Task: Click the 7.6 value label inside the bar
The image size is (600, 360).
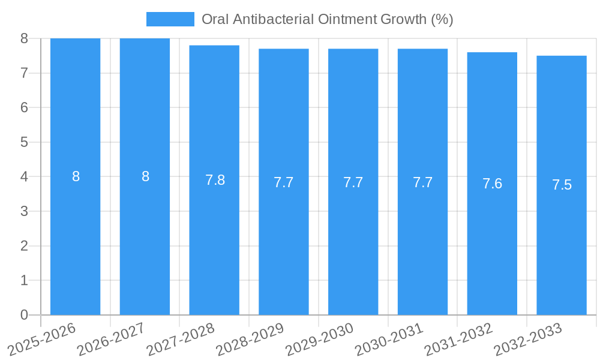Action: tap(492, 184)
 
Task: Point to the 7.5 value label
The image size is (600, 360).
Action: tap(562, 185)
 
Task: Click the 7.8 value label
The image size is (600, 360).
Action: tap(215, 180)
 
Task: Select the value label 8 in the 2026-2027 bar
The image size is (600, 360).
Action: tap(145, 176)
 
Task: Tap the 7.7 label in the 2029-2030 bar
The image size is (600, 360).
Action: tap(353, 182)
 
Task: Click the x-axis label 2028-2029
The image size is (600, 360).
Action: tap(250, 339)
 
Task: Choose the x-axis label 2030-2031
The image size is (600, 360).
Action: tap(389, 339)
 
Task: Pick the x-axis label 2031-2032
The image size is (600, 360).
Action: tap(459, 339)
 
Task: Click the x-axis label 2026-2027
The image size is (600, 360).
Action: tap(111, 339)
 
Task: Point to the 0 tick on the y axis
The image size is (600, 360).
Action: tap(24, 315)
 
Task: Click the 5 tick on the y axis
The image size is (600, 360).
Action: tap(24, 142)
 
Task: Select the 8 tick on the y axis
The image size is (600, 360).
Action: tap(24, 38)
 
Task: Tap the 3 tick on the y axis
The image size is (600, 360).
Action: tap(24, 211)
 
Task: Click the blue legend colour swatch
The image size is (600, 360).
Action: tap(170, 19)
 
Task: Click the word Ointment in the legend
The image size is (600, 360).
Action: tap(346, 19)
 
